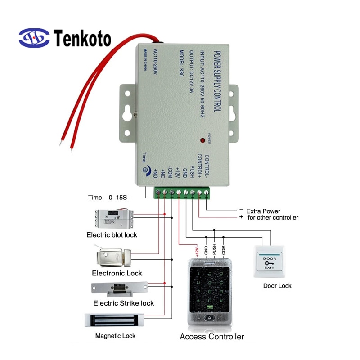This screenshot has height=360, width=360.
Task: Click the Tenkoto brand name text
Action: coord(82,39)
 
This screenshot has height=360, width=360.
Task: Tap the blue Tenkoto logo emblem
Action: coord(34,38)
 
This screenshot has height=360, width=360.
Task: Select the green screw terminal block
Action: coord(182,193)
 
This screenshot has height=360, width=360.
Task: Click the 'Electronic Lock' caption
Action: coord(117,273)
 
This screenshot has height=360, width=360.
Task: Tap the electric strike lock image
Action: coord(119,288)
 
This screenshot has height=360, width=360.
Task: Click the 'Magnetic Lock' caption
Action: coord(115,336)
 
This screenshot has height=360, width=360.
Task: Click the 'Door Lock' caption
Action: coord(277,286)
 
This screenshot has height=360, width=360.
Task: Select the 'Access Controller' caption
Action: coord(212,337)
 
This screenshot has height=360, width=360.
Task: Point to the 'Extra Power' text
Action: coord(263,211)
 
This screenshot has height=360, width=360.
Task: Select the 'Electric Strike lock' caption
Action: coord(123,303)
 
